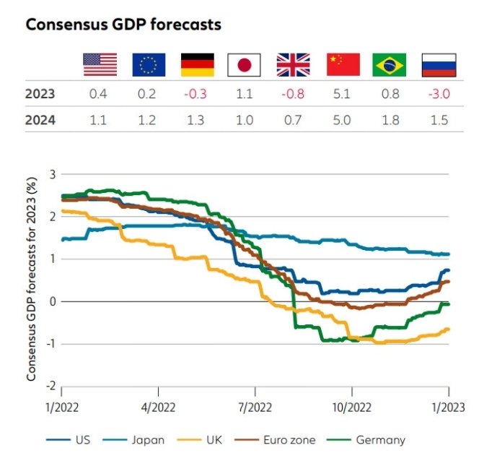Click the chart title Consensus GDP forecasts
(123, 25)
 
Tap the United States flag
(100, 65)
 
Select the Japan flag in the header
(244, 65)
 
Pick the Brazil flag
(389, 65)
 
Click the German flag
(195, 65)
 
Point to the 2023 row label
(40, 94)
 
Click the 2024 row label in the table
(40, 120)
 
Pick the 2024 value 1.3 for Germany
(195, 120)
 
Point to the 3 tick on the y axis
(51, 174)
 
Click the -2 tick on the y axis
(49, 387)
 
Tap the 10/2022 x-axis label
(351, 407)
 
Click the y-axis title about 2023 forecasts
(32, 282)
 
